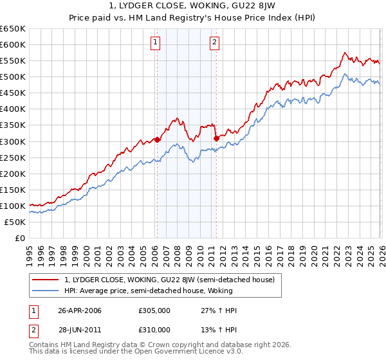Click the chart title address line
pos(193,7)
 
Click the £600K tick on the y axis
pos(13,45)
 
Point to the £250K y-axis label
pos(13,157)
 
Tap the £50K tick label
pos(15,222)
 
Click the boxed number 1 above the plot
pos(156,43)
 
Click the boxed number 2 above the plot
pos(214,43)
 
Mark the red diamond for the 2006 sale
pos(158,139)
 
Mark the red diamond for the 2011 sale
pos(216,138)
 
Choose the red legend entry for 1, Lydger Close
pos(169,280)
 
